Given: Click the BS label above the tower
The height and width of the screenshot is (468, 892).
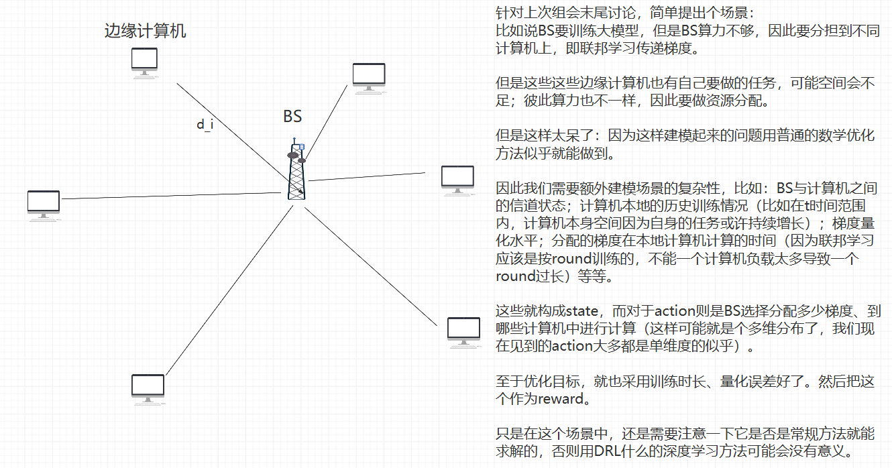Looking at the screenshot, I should click(292, 116).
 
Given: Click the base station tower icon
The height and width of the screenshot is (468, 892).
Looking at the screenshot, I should click(296, 172).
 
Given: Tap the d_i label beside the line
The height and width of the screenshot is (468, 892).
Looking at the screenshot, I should click(205, 125).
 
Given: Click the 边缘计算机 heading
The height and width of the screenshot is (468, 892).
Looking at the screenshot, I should click(146, 31).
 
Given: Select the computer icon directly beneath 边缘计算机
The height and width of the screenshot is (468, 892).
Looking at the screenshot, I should click(145, 63).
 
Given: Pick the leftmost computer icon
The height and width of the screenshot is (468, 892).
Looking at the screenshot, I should click(44, 205).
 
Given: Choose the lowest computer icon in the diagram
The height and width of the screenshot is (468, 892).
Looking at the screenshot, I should click(148, 389).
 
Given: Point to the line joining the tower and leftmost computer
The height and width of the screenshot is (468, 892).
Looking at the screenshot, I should click(168, 195).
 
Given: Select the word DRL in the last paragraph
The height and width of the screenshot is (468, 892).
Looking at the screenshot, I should click(608, 452).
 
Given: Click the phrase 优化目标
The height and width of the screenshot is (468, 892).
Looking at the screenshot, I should click(553, 382).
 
